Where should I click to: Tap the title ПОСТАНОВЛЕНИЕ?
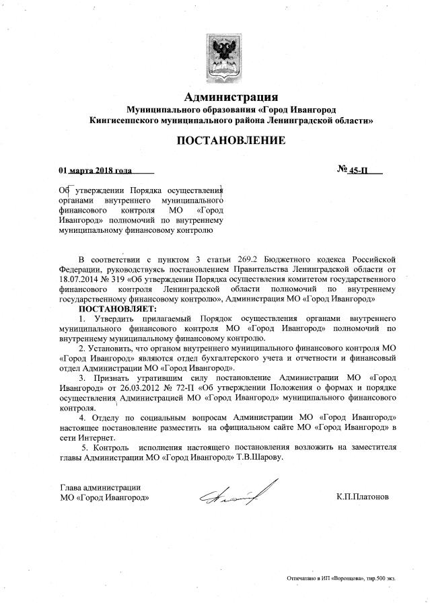(231, 141)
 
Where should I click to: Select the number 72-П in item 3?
(183, 388)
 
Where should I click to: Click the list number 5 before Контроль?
(83, 447)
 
